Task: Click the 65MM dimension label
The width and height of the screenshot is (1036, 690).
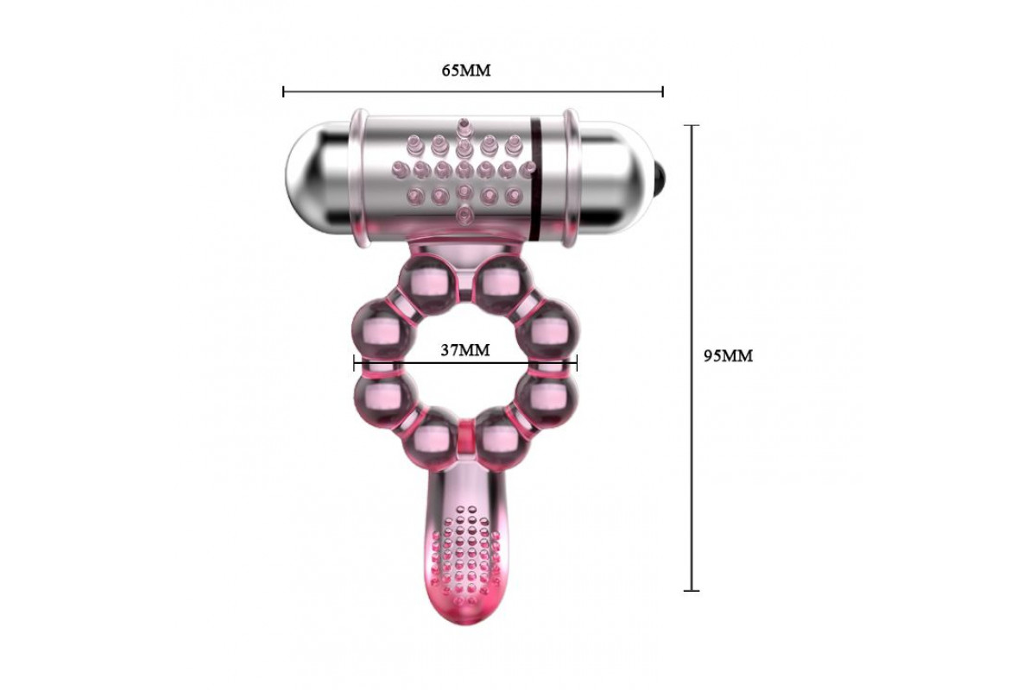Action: (465, 70)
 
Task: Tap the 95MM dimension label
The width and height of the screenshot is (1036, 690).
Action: (728, 356)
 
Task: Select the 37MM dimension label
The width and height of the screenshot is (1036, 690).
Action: (464, 350)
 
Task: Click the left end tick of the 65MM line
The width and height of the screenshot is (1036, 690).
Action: (283, 91)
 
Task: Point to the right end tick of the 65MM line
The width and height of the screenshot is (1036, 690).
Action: (663, 91)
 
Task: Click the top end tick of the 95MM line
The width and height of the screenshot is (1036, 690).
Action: (692, 125)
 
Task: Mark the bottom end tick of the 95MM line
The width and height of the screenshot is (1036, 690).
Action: (692, 591)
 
